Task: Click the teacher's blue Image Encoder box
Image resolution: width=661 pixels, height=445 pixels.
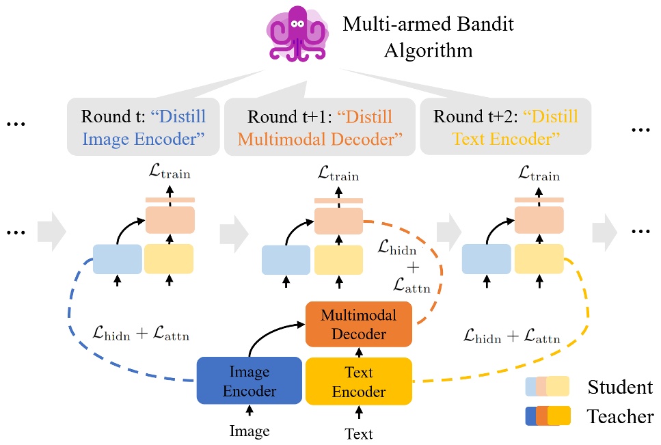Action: (249, 381)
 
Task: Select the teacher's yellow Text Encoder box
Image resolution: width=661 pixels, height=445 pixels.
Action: (359, 381)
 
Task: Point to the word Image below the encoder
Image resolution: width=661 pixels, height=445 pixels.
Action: (249, 431)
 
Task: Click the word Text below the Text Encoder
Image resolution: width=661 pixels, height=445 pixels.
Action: (359, 433)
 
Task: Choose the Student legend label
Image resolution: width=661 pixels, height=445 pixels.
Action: (620, 388)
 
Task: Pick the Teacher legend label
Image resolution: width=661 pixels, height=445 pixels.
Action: (620, 416)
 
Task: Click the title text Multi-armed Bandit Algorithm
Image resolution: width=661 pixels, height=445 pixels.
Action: (428, 38)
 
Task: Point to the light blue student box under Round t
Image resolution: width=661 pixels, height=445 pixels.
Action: (117, 259)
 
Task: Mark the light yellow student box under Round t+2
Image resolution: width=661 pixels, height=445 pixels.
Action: (539, 259)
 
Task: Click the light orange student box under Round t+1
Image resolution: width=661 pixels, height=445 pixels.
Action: (338, 220)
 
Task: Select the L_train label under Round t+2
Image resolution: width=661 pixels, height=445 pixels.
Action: (539, 174)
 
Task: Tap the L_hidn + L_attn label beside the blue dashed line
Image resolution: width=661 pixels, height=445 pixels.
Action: (141, 335)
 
